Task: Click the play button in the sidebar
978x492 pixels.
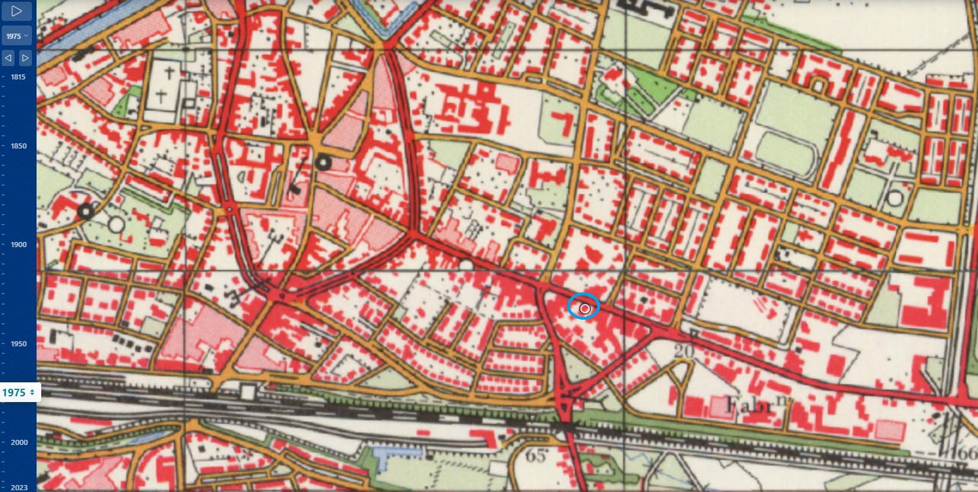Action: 17,11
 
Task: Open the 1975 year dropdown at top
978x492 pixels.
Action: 17,36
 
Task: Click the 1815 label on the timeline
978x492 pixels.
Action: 18,77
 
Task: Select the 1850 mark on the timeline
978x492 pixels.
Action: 19,146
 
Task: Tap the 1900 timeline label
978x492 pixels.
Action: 19,244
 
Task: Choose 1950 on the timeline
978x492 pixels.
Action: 19,343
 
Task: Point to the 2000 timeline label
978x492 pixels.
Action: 19,442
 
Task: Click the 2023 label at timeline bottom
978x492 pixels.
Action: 19,487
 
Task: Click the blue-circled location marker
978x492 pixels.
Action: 584,308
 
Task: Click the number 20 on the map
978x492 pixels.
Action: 684,351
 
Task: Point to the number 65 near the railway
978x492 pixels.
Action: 536,456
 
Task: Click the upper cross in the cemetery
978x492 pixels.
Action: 169,74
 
